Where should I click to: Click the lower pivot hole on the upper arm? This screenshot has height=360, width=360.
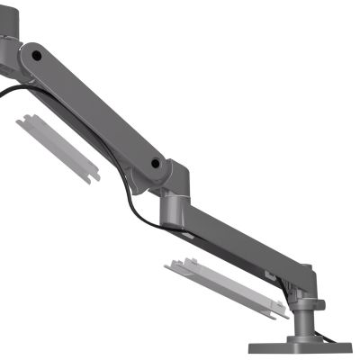click(x=157, y=165)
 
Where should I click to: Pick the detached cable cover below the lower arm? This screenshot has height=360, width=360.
click(x=225, y=290)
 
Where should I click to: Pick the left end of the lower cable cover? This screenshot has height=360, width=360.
click(x=169, y=266)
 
